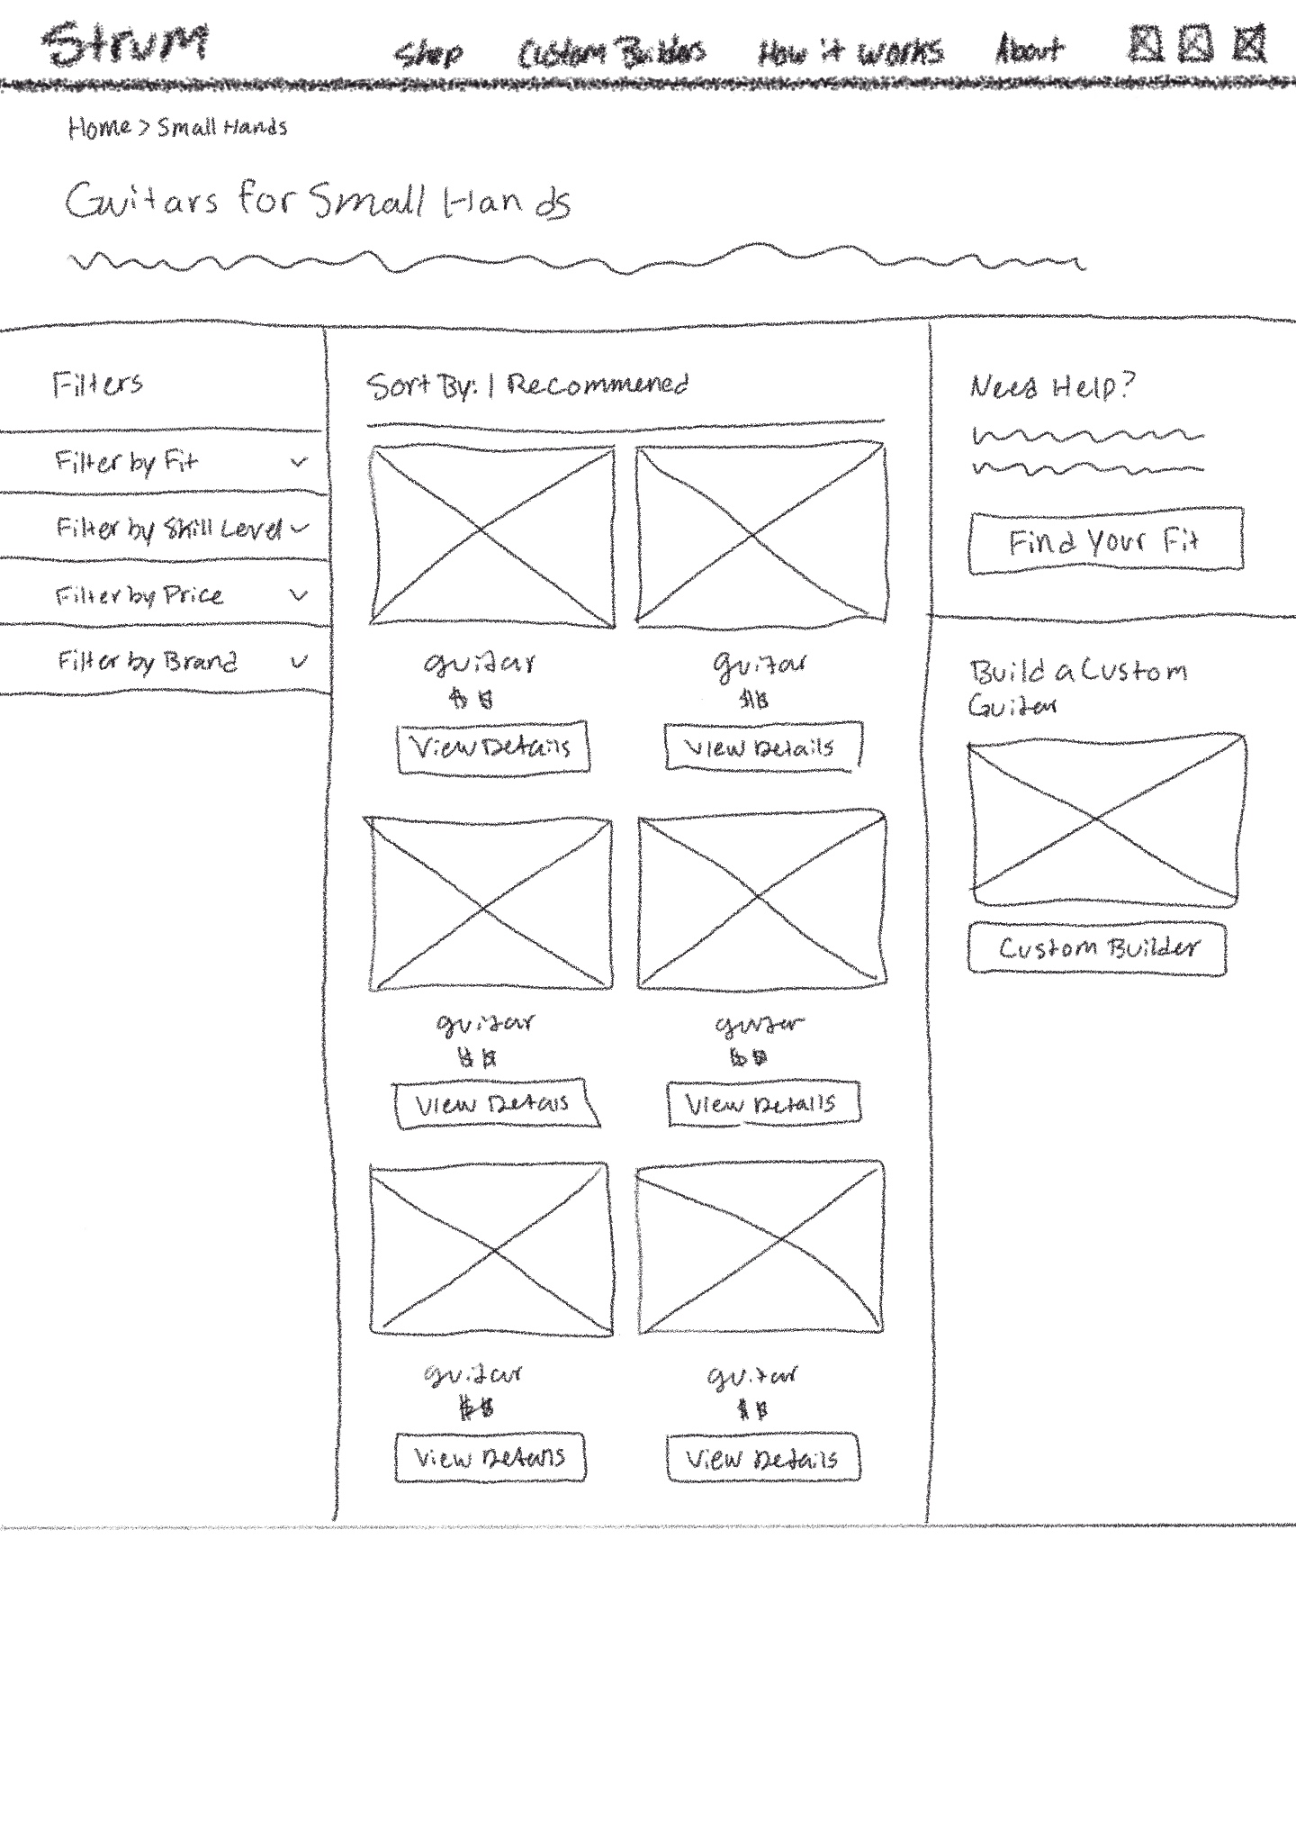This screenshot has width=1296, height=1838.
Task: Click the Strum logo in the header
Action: click(x=125, y=44)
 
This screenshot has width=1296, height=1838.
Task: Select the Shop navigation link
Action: click(x=429, y=53)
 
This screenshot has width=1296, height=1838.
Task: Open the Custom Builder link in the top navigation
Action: click(x=611, y=52)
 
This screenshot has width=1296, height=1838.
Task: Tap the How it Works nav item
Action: click(x=850, y=51)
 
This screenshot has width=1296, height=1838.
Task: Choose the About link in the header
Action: click(x=1029, y=49)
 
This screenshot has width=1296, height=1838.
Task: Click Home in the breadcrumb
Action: click(x=99, y=127)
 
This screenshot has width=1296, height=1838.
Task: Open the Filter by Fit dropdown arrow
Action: click(x=299, y=462)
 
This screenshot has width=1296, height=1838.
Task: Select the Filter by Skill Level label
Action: click(x=168, y=528)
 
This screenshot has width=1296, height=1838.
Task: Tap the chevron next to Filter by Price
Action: click(x=299, y=594)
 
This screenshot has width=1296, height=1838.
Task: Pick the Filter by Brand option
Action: click(x=148, y=662)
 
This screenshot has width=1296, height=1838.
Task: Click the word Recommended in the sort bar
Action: click(x=598, y=385)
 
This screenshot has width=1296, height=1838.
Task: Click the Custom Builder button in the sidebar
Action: click(x=1097, y=947)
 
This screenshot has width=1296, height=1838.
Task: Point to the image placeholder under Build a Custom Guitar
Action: click(x=1106, y=819)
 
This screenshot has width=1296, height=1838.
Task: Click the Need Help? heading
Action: click(x=1051, y=386)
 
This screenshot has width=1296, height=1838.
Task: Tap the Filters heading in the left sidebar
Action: click(x=97, y=385)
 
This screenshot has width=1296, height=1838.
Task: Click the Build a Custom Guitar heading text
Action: click(x=1076, y=684)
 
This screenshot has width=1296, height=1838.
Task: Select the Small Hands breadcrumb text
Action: click(x=222, y=127)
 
